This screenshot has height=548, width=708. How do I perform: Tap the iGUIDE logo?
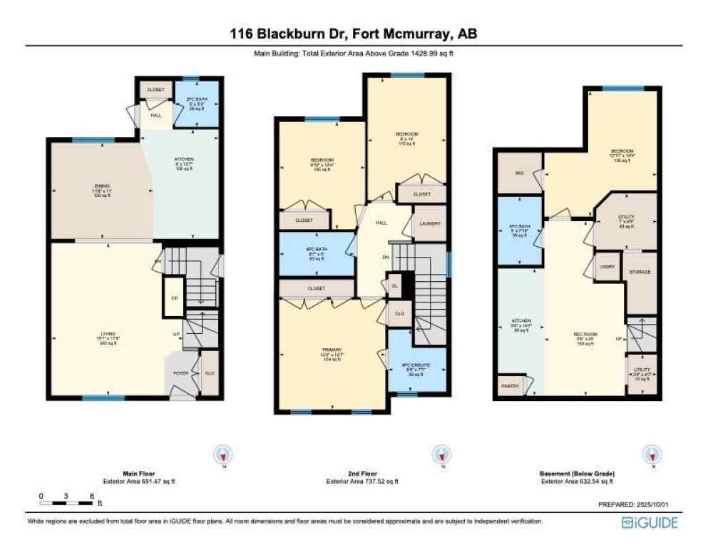pyautogui.click(x=650, y=523)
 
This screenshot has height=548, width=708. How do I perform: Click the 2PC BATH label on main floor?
pyautogui.click(x=196, y=100)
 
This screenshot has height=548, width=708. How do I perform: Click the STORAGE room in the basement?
pyautogui.click(x=640, y=273)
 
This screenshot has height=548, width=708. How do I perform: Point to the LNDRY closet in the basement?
pyautogui.click(x=607, y=267)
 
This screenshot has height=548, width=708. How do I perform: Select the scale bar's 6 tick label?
pyautogui.click(x=91, y=495)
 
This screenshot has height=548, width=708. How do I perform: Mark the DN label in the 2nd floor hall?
pyautogui.click(x=386, y=258)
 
